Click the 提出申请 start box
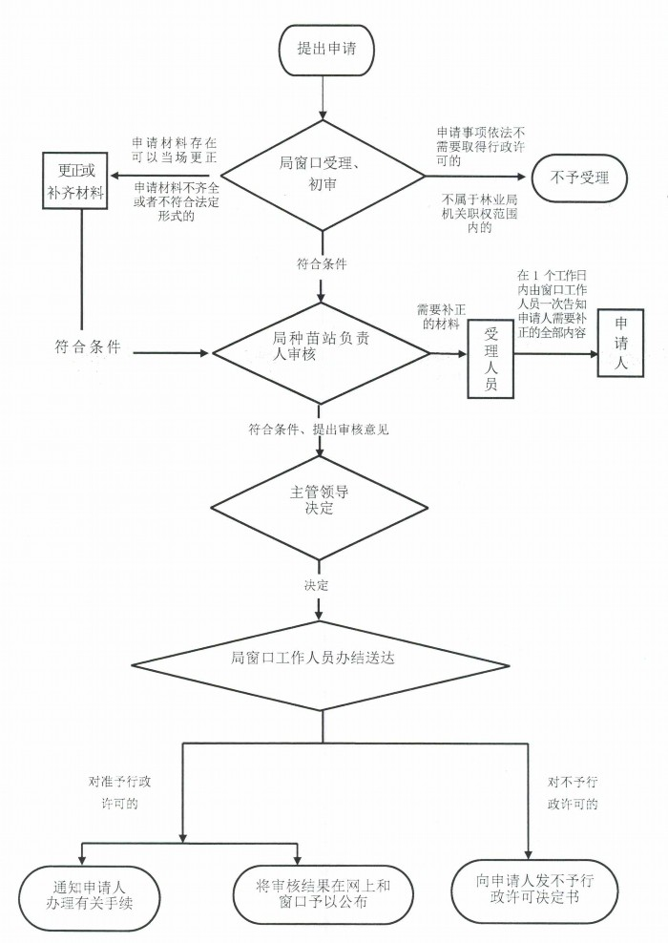(326, 49)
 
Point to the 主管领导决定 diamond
(319, 501)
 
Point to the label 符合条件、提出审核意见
(319, 430)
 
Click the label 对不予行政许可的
(573, 792)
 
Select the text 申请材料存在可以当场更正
(175, 149)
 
